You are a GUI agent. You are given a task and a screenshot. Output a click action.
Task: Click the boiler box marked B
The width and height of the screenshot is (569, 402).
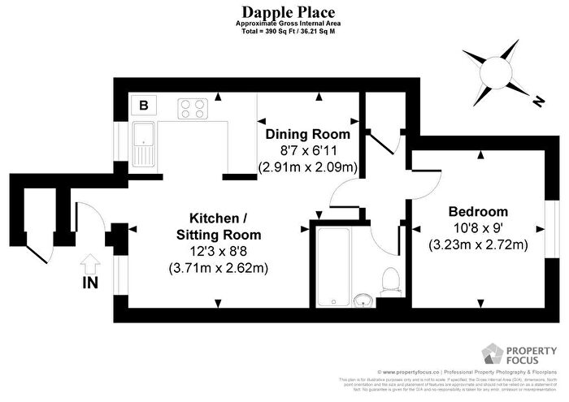[144, 105]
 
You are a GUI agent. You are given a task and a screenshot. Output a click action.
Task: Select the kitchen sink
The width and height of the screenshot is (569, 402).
[145, 144]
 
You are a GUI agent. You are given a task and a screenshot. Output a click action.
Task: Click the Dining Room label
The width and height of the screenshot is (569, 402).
[309, 135]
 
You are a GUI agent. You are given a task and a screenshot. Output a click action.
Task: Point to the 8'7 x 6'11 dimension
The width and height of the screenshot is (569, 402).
[309, 151]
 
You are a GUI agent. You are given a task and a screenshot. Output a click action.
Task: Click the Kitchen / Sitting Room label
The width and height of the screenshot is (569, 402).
[219, 227]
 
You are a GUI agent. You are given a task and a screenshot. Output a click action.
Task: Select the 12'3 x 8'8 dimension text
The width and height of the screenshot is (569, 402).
[219, 251]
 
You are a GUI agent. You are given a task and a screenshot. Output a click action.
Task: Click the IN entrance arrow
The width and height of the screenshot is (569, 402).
[90, 264]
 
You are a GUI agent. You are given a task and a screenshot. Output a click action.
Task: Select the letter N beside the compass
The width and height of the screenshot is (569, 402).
[537, 102]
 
